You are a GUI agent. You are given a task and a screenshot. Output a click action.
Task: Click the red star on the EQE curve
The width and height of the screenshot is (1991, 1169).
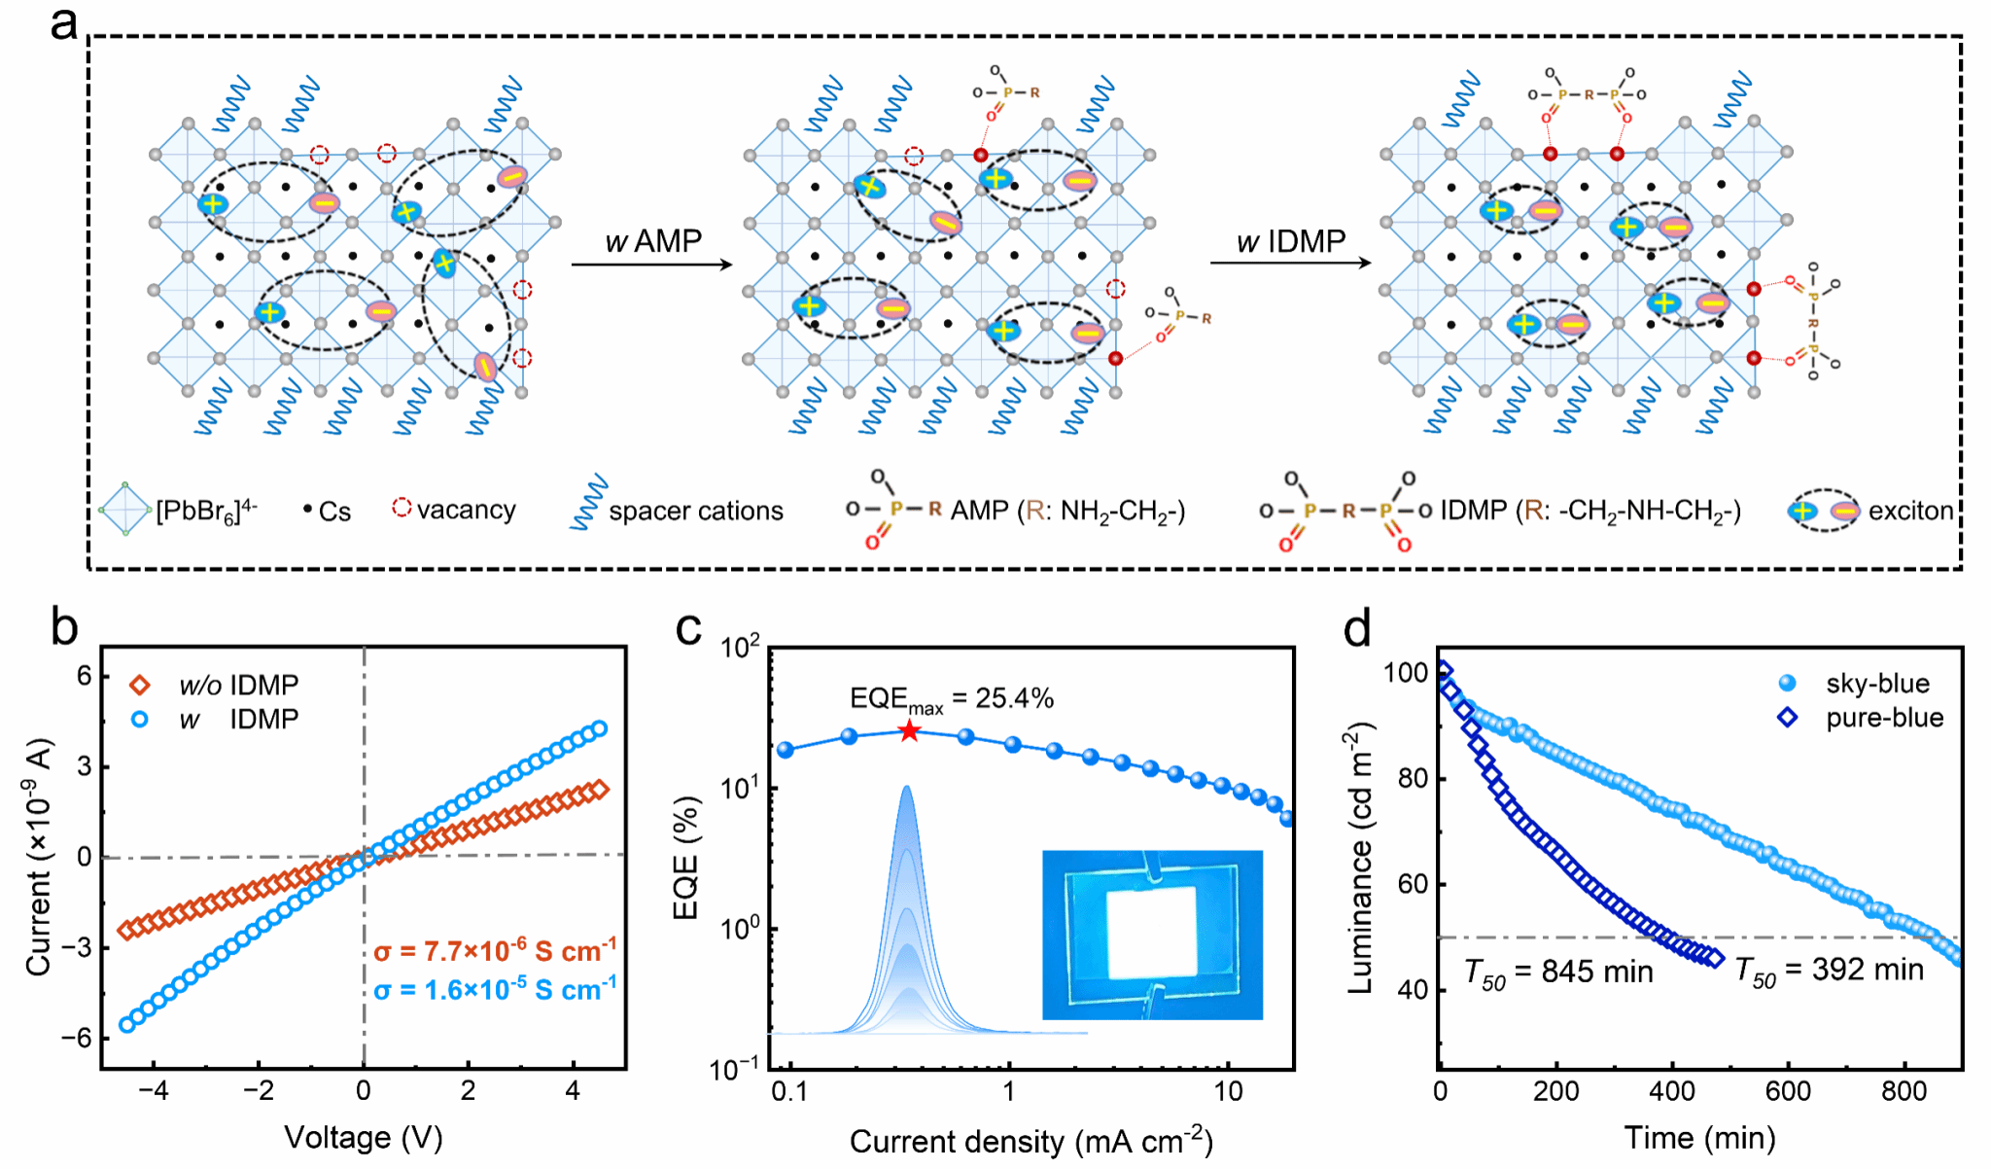[x=909, y=730]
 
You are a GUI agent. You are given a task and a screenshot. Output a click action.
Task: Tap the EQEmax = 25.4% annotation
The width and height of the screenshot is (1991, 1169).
[x=951, y=699]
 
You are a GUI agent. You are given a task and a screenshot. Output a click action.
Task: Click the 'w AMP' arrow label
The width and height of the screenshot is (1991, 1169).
[x=653, y=241]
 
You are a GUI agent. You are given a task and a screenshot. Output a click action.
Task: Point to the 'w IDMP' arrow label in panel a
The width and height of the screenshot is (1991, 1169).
[x=1291, y=241]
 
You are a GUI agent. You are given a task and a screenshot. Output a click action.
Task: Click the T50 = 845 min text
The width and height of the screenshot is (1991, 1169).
[x=1558, y=972]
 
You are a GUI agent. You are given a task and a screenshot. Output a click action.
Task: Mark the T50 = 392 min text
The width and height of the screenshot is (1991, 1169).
[x=1829, y=971]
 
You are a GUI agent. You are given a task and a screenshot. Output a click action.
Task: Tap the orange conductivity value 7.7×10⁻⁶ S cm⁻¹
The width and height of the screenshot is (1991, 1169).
[x=495, y=950]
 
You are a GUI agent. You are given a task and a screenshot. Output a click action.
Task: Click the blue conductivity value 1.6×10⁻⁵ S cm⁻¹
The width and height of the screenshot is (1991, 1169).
[x=495, y=990]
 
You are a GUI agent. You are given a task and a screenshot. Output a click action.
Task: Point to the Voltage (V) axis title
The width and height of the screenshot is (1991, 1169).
[x=363, y=1137]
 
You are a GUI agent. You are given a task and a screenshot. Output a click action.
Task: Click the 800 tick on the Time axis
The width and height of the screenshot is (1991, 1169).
[x=1903, y=1091]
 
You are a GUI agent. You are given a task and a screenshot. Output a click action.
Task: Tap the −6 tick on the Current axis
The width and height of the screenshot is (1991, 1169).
[x=76, y=1038]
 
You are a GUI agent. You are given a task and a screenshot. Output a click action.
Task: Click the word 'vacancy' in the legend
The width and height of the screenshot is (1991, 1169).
[x=466, y=510]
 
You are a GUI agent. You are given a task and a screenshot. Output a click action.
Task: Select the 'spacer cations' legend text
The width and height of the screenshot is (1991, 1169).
[x=695, y=511]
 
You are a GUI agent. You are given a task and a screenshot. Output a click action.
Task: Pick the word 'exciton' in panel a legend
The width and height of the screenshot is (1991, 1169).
[x=1910, y=511]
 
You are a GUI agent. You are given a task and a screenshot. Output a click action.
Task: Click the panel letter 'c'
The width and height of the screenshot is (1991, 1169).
[x=688, y=629]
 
